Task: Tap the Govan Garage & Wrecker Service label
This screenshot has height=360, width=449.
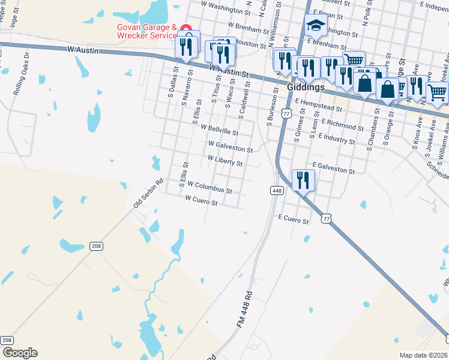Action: [x=147, y=31]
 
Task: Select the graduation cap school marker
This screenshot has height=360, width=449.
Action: [x=315, y=26]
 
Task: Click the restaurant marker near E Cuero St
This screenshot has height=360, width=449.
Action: [x=303, y=180]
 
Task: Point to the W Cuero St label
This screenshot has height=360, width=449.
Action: [x=202, y=200]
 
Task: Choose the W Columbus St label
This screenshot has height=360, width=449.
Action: [x=209, y=187]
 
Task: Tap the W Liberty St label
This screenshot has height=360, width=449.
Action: [x=224, y=161]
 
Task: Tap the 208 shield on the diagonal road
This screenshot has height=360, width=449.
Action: [x=95, y=245]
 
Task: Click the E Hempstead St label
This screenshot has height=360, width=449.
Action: [x=318, y=105]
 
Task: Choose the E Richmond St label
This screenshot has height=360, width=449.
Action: [x=342, y=124]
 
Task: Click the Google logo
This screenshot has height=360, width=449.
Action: [x=19, y=353]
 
